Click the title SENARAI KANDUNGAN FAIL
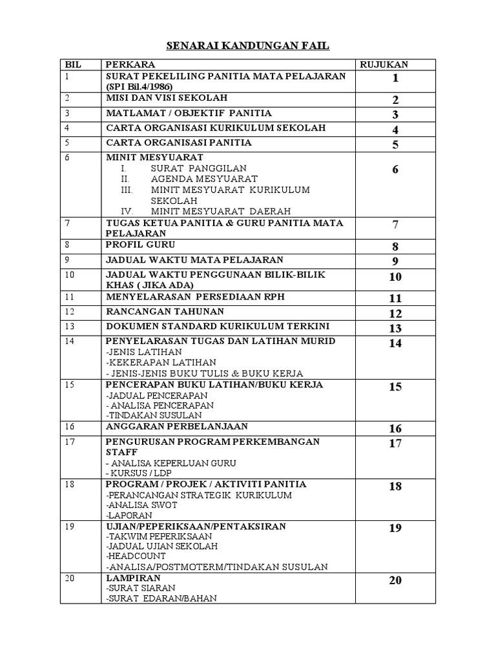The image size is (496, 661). tap(248, 46)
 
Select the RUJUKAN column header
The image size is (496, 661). tap(384, 65)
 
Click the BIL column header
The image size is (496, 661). tap(71, 65)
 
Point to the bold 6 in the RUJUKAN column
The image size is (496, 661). tap(395, 170)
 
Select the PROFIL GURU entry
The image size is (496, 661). tap(140, 245)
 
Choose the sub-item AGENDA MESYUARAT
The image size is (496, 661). tap(204, 179)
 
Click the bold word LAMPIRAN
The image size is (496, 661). tap(133, 578)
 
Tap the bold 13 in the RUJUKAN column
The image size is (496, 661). tap(395, 329)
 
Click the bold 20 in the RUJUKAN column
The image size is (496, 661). tap(395, 580)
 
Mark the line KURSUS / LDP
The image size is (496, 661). tap(135, 473)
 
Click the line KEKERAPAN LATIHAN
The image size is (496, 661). tap(161, 363)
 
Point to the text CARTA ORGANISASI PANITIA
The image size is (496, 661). tap(178, 143)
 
